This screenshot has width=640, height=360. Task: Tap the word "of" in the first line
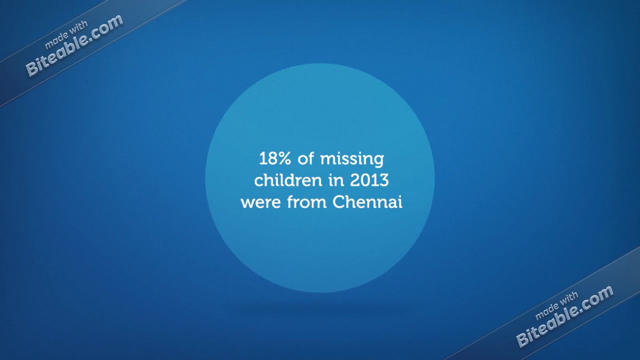pyautogui.click(x=305, y=159)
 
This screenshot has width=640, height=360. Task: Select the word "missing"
pyautogui.click(x=352, y=159)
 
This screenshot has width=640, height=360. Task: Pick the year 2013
pyautogui.click(x=369, y=180)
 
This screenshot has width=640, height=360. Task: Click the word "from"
pyautogui.click(x=308, y=202)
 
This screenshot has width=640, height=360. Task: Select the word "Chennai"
pyautogui.click(x=367, y=202)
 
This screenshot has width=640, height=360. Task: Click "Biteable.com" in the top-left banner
pyautogui.click(x=74, y=45)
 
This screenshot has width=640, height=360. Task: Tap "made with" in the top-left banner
pyautogui.click(x=66, y=34)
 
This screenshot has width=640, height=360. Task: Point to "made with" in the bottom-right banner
pyautogui.click(x=556, y=305)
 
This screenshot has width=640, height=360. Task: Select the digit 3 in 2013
pyautogui.click(x=383, y=180)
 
